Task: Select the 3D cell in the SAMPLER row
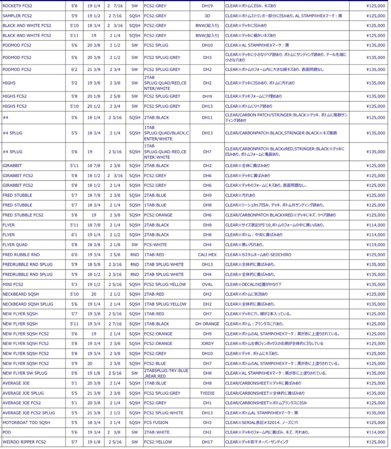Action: (207, 16)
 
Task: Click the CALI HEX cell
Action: (207, 255)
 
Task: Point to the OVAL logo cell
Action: (207, 284)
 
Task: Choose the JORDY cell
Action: (207, 343)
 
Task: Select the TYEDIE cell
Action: (207, 393)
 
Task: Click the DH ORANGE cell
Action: (207, 324)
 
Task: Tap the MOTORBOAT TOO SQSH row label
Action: (26, 423)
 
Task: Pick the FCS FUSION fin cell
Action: (156, 423)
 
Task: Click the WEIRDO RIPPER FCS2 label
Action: (24, 442)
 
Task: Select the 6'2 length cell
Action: (74, 70)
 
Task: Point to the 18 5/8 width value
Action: (94, 264)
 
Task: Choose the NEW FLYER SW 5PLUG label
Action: (25, 373)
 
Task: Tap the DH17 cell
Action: (207, 442)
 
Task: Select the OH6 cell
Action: (207, 215)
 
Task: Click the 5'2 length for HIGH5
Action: (74, 83)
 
